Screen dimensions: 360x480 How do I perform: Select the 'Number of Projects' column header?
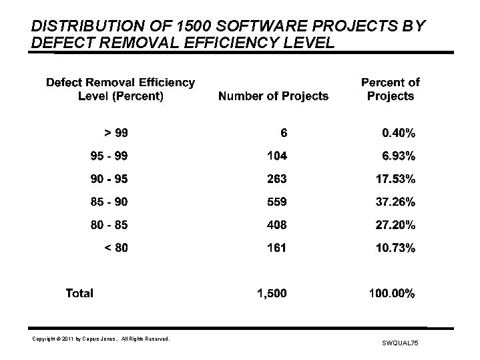click(273, 96)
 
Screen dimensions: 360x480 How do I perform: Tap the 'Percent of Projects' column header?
click(390, 89)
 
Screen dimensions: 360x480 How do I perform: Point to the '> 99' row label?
click(115, 133)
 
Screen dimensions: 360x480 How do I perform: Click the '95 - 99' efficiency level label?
click(109, 156)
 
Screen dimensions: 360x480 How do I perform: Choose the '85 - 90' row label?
click(109, 202)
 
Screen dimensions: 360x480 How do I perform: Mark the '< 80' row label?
click(115, 248)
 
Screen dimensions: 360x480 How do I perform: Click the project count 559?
click(276, 202)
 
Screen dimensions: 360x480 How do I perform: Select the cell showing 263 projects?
click(276, 179)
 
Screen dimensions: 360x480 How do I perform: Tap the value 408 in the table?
click(276, 224)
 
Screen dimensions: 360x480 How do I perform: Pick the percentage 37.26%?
click(394, 202)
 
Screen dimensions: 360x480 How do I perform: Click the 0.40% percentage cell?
click(398, 133)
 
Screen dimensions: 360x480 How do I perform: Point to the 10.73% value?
click(394, 248)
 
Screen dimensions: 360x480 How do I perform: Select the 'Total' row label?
click(79, 293)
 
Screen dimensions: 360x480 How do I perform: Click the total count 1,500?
click(272, 293)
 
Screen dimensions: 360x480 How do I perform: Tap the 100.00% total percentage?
click(391, 293)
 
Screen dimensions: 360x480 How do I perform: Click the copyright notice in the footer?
click(101, 339)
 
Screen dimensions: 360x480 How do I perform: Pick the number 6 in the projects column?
click(284, 133)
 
